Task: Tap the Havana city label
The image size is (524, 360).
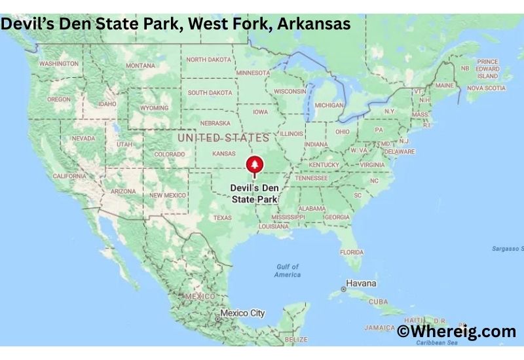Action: [361, 283]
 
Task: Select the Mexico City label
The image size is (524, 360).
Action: [242, 314]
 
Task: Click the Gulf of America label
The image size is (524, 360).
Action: [287, 270]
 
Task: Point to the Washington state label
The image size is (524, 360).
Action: [59, 63]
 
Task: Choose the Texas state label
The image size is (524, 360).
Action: [222, 217]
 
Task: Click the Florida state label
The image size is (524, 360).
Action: [352, 252]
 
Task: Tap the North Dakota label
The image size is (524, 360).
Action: [208, 60]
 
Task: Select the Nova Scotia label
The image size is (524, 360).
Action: [486, 88]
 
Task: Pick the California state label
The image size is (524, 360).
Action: [69, 176]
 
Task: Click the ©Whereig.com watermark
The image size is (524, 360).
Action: [457, 332]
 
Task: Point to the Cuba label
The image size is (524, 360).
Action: [379, 302]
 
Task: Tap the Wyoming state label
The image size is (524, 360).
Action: [154, 107]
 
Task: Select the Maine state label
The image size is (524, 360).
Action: [444, 85]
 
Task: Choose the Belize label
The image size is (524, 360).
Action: [296, 340]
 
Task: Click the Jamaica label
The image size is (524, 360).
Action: [380, 327]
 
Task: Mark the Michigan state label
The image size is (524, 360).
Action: [329, 105]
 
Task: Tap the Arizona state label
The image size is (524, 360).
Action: [123, 191]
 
